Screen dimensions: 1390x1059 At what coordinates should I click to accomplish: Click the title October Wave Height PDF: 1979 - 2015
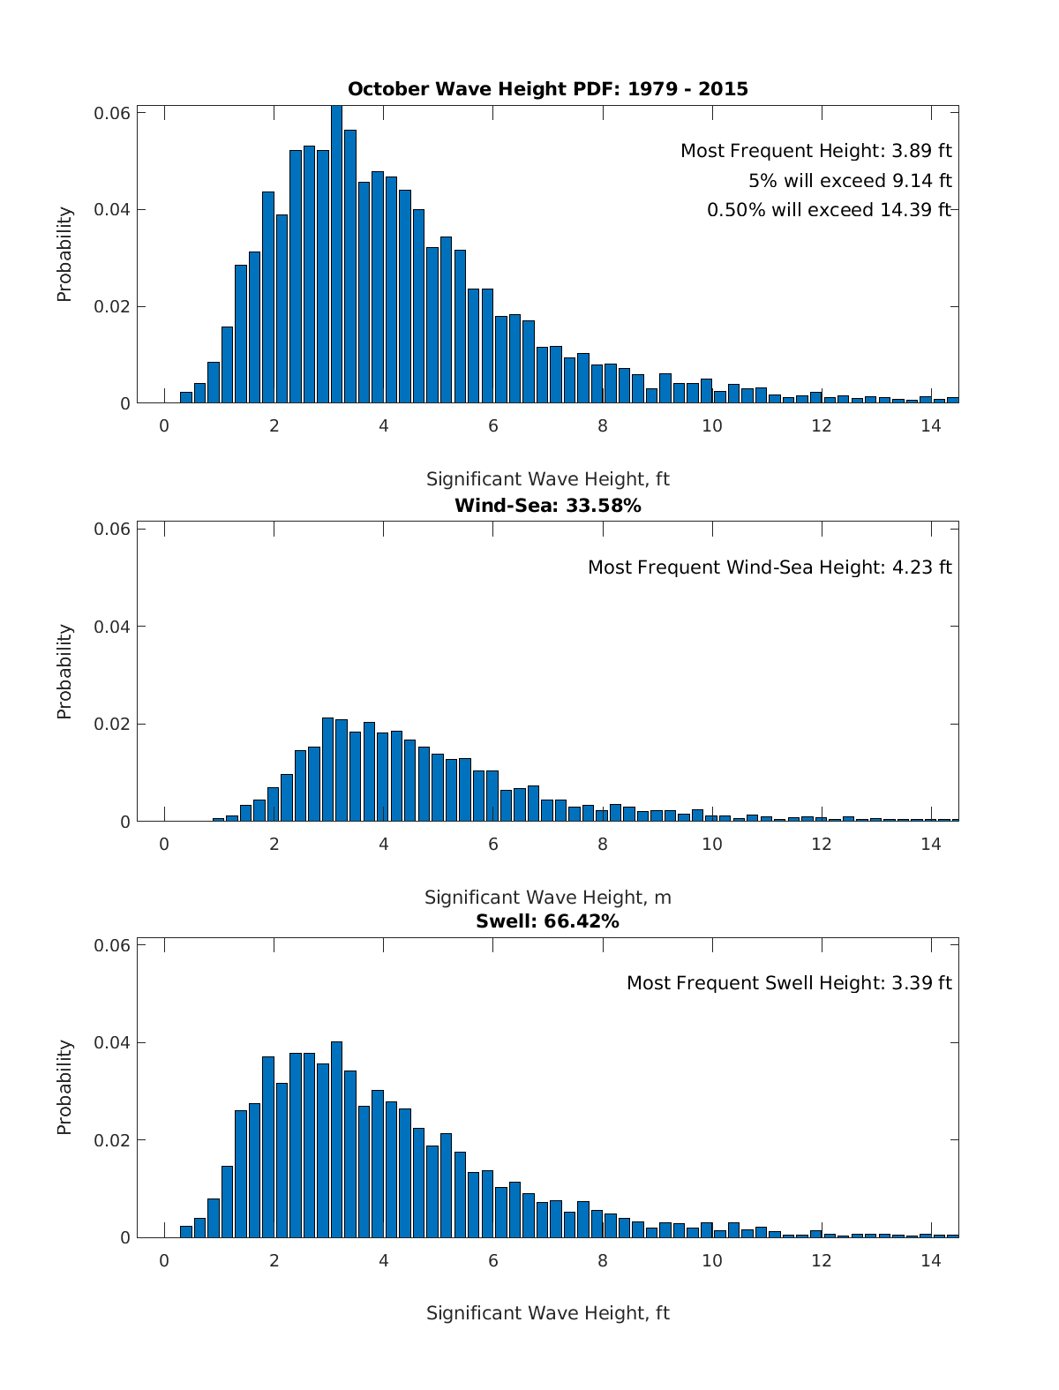[547, 89]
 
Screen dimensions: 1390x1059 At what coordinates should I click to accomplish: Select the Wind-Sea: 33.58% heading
[547, 506]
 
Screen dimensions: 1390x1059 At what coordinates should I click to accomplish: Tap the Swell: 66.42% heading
[547, 921]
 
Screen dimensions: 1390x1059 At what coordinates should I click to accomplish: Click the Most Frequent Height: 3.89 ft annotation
[815, 151]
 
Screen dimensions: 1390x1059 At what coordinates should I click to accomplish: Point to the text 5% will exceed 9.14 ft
[850, 181]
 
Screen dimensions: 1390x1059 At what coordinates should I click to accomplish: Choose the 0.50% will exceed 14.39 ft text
[829, 210]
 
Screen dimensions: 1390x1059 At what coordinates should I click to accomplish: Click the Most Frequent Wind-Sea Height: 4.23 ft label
[770, 567]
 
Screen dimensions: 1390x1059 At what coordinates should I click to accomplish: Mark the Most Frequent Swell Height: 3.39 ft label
[789, 983]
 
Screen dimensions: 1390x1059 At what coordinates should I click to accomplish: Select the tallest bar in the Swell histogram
[336, 1138]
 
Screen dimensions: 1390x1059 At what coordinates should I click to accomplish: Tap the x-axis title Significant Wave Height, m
[547, 898]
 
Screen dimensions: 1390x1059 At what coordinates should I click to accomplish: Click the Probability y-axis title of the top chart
[64, 254]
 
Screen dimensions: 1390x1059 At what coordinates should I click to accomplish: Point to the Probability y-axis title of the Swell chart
[64, 1086]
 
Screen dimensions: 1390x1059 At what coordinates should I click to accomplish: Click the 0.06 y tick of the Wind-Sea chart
[112, 529]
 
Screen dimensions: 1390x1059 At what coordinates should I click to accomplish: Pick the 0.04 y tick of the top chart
[112, 210]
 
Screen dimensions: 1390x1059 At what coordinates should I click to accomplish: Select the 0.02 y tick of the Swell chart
[112, 1140]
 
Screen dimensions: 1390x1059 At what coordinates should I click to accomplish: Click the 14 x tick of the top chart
[930, 425]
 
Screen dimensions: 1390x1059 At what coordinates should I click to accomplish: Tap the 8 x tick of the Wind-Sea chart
[602, 844]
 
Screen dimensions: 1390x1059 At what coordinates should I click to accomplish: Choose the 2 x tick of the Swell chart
[274, 1260]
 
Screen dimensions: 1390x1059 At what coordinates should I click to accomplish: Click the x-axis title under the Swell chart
[547, 1313]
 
